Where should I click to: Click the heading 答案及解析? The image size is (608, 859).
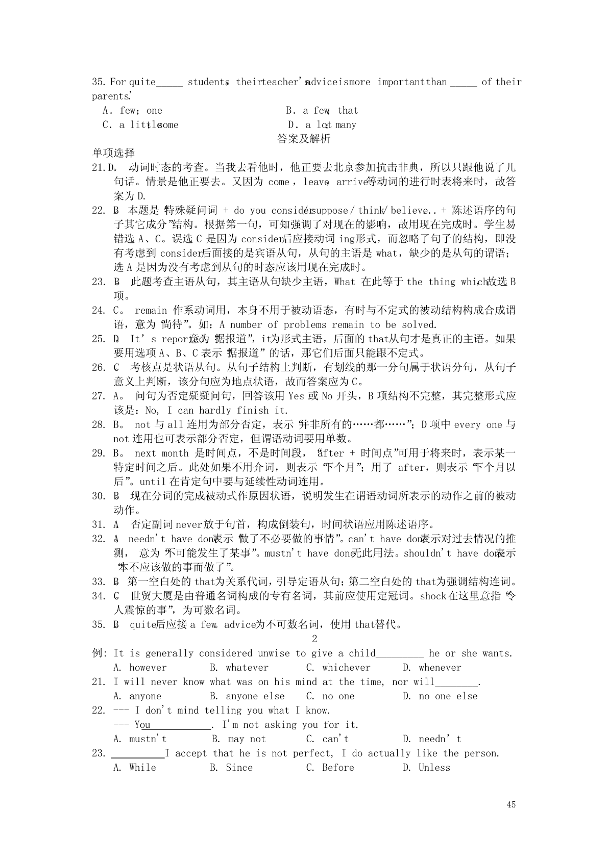pyautogui.click(x=304, y=139)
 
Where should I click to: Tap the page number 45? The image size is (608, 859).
pyautogui.click(x=511, y=804)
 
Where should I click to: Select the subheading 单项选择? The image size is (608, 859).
pyautogui.click(x=113, y=153)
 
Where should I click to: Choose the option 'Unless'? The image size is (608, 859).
pyautogui.click(x=434, y=768)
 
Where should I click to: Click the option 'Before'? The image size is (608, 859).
pyautogui.click(x=338, y=768)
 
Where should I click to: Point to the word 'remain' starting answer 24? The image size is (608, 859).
pyautogui.click(x=151, y=310)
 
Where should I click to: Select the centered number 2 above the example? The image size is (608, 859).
pyautogui.click(x=314, y=639)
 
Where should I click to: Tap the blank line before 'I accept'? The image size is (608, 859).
pyautogui.click(x=138, y=754)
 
